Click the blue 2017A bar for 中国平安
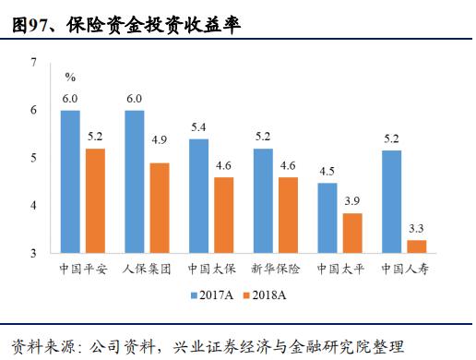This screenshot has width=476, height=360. point(70,181)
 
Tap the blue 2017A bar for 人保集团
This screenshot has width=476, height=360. point(135,181)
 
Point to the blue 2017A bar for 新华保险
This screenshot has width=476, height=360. point(263,200)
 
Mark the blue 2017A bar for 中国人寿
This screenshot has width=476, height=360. point(391,200)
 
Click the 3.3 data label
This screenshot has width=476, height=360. point(415,227)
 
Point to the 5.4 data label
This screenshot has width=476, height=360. point(197,127)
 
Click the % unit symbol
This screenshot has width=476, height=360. point(70,77)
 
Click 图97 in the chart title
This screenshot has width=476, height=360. point(31,26)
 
